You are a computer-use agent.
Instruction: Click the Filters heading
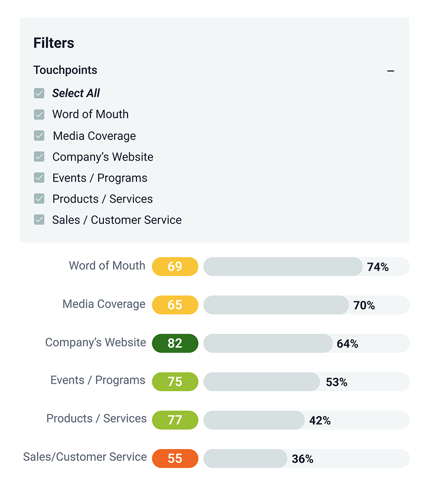click(x=54, y=43)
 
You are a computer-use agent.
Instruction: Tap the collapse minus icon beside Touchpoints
click(x=390, y=71)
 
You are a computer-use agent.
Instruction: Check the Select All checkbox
click(x=40, y=93)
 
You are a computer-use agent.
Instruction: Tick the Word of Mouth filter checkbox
click(x=40, y=115)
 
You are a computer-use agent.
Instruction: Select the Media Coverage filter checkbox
click(x=40, y=136)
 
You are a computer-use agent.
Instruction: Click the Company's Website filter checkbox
click(x=40, y=157)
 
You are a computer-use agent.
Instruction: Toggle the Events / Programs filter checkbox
click(x=40, y=178)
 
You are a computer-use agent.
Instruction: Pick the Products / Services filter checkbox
click(x=40, y=199)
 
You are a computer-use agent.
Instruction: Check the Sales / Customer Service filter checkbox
click(x=40, y=220)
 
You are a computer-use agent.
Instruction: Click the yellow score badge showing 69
click(x=175, y=266)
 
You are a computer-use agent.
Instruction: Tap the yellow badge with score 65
click(x=175, y=305)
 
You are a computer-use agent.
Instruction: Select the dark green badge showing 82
click(x=175, y=343)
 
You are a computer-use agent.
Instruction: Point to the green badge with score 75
click(x=175, y=382)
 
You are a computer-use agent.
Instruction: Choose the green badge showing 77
click(x=175, y=420)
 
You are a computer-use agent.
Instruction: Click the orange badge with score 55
click(x=175, y=459)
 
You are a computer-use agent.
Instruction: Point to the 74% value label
click(x=377, y=267)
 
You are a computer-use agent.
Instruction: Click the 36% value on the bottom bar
click(x=302, y=459)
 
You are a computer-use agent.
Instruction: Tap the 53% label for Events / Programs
click(x=336, y=382)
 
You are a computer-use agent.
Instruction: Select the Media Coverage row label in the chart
click(x=104, y=304)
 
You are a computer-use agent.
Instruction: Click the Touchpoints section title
click(x=65, y=70)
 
